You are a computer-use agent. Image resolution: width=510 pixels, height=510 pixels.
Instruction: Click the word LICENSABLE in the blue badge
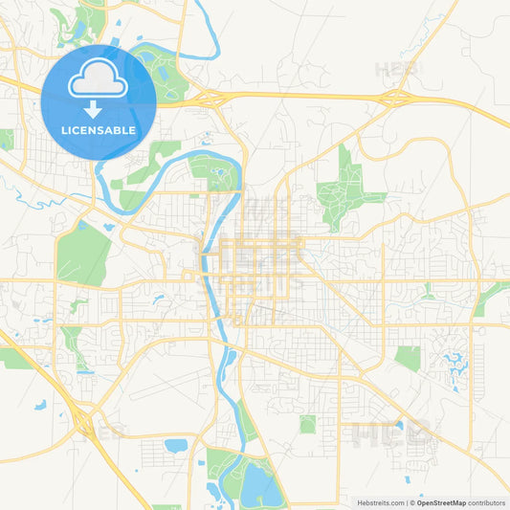[98, 129]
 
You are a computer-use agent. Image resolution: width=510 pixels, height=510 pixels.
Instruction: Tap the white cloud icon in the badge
[98, 81]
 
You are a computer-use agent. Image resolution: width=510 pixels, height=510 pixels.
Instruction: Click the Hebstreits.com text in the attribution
[381, 502]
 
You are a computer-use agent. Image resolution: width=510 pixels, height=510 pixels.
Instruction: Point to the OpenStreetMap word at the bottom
[440, 502]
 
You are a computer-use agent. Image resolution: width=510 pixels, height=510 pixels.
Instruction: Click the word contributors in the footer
[487, 502]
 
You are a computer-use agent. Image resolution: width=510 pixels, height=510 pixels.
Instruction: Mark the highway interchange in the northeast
[393, 97]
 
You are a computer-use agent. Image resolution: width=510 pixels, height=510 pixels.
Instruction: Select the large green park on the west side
[83, 255]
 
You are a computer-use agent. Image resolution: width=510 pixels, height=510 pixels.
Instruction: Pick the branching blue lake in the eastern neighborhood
[453, 363]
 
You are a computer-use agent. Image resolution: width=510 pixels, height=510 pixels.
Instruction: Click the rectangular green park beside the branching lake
[408, 358]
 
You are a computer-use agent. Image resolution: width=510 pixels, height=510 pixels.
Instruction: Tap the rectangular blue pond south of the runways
[175, 445]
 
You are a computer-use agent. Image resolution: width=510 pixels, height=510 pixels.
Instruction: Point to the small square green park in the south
[308, 424]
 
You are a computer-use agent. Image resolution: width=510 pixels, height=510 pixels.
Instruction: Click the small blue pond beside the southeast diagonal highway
[399, 424]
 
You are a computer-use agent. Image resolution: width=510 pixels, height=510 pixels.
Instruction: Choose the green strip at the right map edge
[493, 297]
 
